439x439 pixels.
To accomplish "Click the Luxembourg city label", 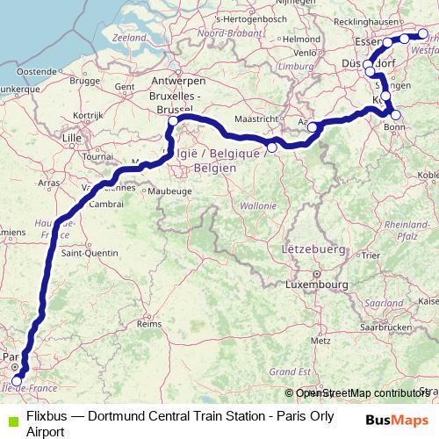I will pos(314,284).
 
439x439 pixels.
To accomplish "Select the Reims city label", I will pos(150,323).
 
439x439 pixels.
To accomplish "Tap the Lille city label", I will pos(72,138).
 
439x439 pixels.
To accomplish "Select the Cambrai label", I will pos(106,203).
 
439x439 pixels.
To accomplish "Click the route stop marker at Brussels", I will pos(174,121).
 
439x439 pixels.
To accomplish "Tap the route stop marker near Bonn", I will pos(396,115).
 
